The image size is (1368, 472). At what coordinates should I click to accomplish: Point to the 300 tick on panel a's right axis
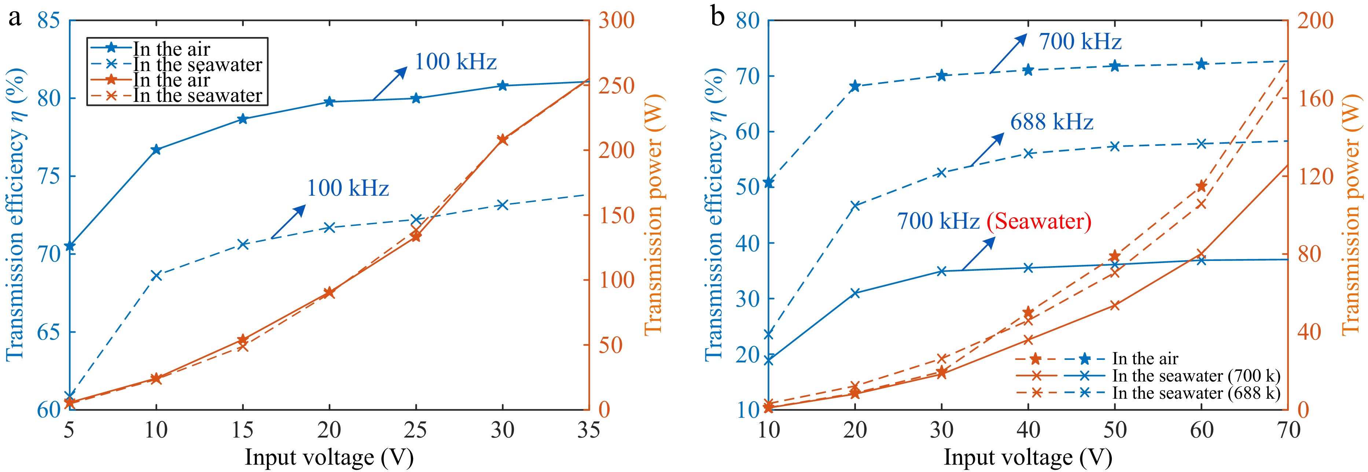click(x=617, y=21)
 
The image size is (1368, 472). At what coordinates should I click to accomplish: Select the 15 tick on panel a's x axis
click(x=243, y=430)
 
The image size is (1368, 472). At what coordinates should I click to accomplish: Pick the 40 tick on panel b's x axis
click(x=1028, y=430)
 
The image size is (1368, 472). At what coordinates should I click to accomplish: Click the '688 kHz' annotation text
click(x=1052, y=122)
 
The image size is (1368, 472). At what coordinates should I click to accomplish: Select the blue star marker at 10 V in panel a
click(x=156, y=150)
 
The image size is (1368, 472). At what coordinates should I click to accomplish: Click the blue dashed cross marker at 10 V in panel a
click(x=156, y=275)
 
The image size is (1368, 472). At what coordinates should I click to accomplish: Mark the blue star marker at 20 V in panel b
click(x=855, y=86)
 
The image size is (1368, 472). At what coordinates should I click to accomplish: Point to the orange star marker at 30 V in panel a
click(x=503, y=140)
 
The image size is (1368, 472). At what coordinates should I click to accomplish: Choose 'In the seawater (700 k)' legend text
click(x=1196, y=376)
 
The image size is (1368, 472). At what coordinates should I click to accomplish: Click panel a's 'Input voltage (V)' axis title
click(x=329, y=457)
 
